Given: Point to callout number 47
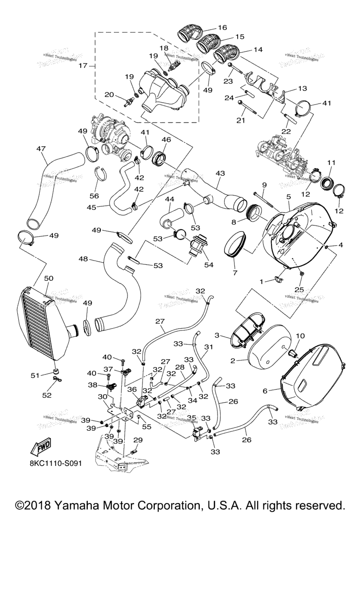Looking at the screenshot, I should coord(41,149).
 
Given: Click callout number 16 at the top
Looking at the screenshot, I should coord(222,28).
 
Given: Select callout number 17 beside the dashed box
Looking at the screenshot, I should coord(82,66).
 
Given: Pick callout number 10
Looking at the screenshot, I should coord(300,336).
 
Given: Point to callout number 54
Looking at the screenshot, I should coord(208,265).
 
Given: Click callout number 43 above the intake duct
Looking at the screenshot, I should coord(220,173).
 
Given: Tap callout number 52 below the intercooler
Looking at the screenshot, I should coord(47,395).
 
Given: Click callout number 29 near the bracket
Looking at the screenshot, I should coord(138,440).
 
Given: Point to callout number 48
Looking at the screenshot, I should coord(96,259).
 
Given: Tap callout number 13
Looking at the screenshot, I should coord(302,88).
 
